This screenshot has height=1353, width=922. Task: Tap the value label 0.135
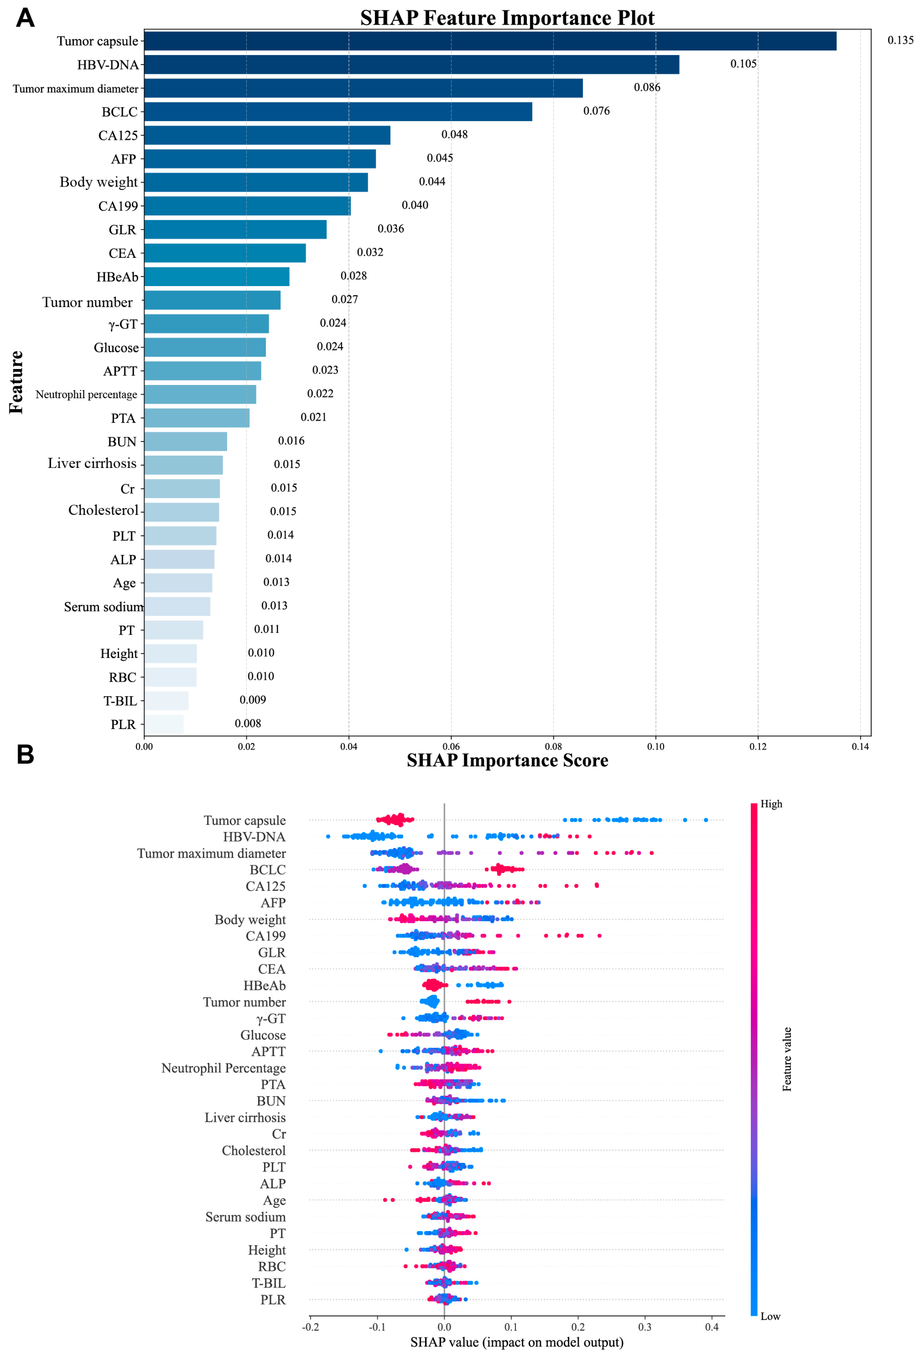[x=900, y=40]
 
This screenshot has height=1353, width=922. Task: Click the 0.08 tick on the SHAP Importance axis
[x=553, y=746]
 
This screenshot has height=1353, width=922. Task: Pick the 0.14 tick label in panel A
[x=860, y=746]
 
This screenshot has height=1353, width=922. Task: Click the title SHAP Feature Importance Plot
[x=507, y=18]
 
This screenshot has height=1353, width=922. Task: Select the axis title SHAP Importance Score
[x=507, y=760]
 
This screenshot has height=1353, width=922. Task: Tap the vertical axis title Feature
[x=16, y=382]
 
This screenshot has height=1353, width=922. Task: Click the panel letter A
[x=25, y=18]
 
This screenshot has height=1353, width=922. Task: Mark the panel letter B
[x=25, y=755]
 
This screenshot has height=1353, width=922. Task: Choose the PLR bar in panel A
[x=164, y=724]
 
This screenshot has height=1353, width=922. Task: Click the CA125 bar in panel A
[x=267, y=135]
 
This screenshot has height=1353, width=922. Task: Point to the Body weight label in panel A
[x=99, y=182]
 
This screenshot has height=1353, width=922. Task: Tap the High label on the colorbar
[x=771, y=804]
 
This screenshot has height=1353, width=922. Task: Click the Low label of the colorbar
[x=770, y=1316]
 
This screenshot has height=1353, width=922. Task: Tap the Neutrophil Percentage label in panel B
[x=224, y=1068]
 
